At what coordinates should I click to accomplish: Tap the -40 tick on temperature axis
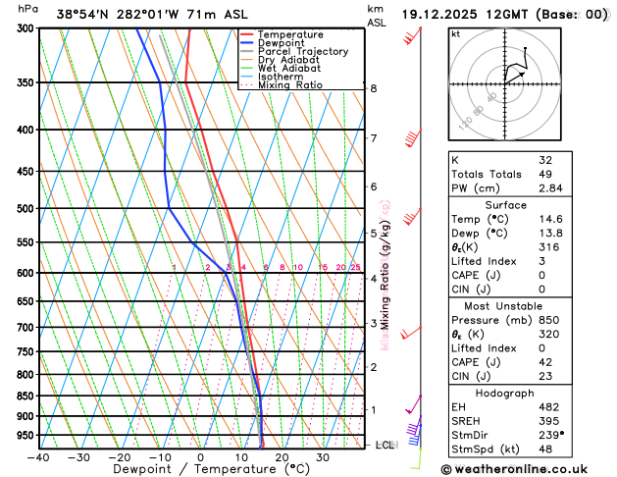pos(38,457)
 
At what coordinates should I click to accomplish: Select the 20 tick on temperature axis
pos(282,457)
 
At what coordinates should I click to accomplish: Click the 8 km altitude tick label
pos(373,88)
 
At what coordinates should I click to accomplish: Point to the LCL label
pos(386,446)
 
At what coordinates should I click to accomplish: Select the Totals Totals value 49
pos(545,174)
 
